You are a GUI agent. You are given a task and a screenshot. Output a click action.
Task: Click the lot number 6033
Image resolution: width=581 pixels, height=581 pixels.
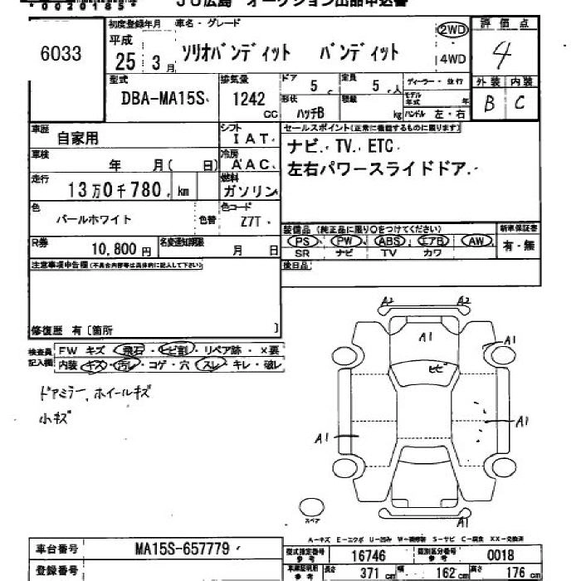click(61, 54)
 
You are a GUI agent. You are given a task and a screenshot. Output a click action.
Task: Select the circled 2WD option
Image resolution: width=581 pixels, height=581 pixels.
click(452, 31)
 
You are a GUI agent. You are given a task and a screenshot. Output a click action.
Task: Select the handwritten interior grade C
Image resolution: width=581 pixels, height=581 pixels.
click(520, 104)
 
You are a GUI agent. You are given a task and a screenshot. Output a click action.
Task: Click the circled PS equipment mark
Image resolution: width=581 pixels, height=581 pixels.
click(303, 241)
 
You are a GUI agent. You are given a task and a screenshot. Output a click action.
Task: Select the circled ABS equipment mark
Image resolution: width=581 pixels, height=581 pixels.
click(388, 241)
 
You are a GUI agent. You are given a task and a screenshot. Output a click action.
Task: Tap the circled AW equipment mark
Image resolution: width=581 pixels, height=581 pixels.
click(476, 241)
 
